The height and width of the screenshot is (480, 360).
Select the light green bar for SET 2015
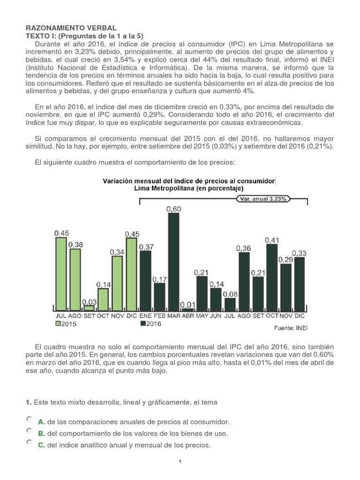[x=89, y=308]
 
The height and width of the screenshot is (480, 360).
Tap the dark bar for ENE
[x=145, y=281]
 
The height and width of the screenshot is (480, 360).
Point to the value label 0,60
[x=174, y=209]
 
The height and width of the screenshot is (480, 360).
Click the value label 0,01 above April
[x=187, y=305]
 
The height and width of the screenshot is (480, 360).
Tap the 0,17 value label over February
[x=159, y=279]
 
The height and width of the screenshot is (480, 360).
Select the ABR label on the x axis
[x=187, y=315]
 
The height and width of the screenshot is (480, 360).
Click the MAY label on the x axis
[x=202, y=315]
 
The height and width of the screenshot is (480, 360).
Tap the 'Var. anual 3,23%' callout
[x=263, y=198]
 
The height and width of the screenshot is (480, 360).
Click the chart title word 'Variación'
[x=118, y=181]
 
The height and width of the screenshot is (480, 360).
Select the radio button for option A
[x=30, y=419]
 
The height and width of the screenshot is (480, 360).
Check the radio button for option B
[x=30, y=430]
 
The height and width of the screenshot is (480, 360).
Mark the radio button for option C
[x=30, y=442]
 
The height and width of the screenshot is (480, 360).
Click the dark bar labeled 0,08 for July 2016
[x=230, y=304]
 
